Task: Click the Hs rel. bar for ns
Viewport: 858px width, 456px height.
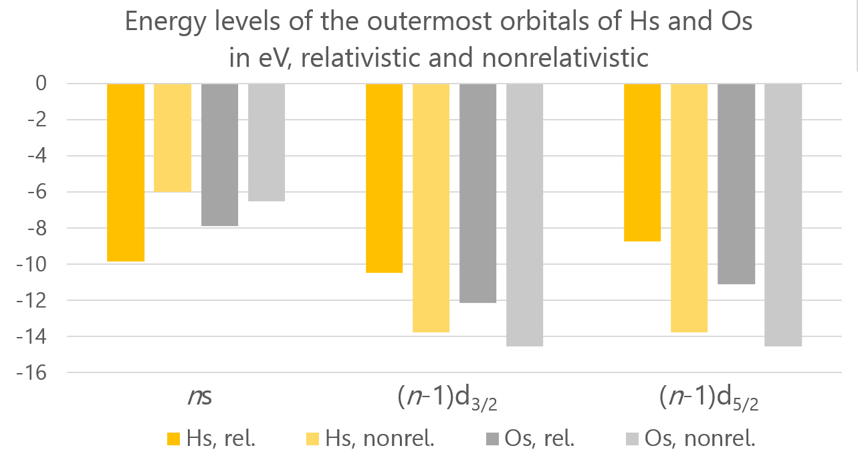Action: click(126, 172)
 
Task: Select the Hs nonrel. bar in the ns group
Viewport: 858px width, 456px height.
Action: click(173, 138)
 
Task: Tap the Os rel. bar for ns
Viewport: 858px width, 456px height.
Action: click(219, 154)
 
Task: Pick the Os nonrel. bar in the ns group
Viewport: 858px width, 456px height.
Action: click(266, 142)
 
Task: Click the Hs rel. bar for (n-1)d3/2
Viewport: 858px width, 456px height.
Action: click(384, 178)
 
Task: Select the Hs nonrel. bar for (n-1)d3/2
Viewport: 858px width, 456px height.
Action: click(431, 207)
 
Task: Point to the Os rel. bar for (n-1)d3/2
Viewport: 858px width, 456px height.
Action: click(477, 193)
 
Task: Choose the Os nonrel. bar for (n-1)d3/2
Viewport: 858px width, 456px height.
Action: click(524, 215)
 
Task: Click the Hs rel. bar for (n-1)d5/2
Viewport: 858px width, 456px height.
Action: click(642, 162)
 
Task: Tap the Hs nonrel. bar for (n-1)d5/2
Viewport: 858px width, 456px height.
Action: click(689, 207)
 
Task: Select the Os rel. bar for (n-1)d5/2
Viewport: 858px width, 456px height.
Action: click(736, 183)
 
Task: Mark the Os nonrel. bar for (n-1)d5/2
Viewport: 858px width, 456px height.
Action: click(783, 215)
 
